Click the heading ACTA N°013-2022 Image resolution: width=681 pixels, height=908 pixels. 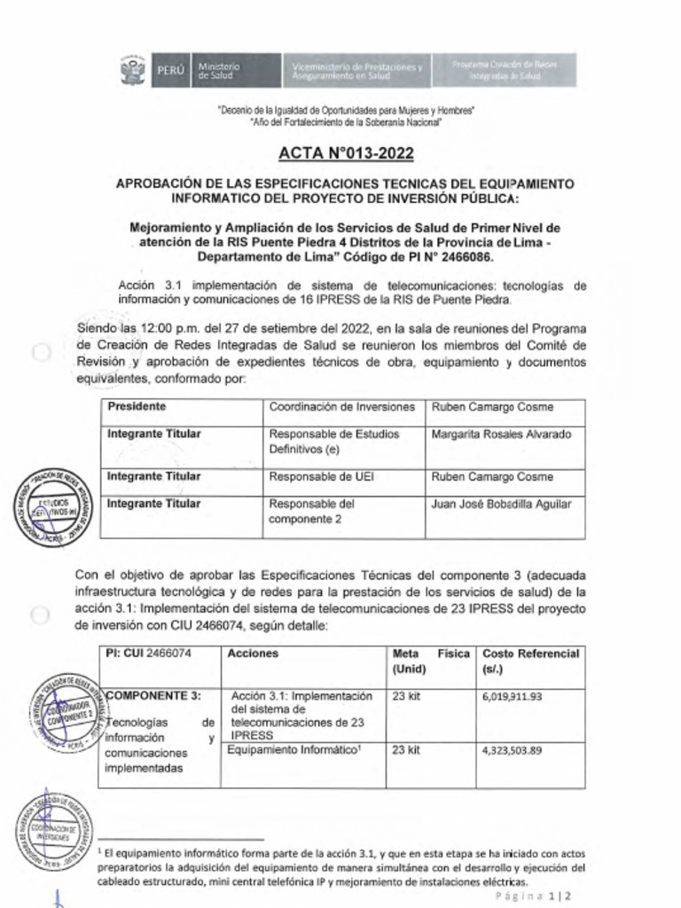tap(346, 153)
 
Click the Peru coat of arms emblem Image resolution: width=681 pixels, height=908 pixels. tap(134, 70)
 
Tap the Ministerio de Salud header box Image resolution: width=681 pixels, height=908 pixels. tap(220, 70)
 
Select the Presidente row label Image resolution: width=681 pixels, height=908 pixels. tap(137, 407)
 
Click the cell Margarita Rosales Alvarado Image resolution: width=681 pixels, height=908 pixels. tap(501, 434)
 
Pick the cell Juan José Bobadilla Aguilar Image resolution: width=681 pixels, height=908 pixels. tap(501, 505)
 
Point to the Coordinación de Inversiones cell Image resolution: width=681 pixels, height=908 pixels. tap(341, 407)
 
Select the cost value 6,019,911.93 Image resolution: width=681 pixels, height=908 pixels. tap(512, 697)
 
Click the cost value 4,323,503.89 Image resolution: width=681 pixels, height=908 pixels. tap(512, 750)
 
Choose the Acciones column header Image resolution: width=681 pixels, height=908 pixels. tap(253, 654)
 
